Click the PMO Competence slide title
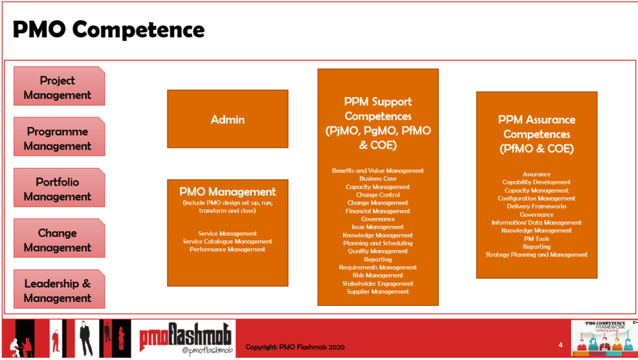click(x=109, y=29)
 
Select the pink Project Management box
click(x=59, y=87)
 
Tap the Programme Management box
click(x=59, y=138)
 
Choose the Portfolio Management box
click(x=59, y=189)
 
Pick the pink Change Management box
click(x=59, y=240)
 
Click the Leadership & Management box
click(x=59, y=290)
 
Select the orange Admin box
click(x=227, y=119)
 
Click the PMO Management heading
click(x=227, y=191)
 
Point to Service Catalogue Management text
click(x=227, y=242)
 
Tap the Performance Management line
click(x=227, y=249)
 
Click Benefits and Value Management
click(x=378, y=171)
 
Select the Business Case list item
click(x=378, y=178)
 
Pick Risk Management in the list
click(x=378, y=275)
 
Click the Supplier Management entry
click(x=378, y=292)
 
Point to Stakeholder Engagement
click(x=378, y=284)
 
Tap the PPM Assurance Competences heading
click(x=536, y=134)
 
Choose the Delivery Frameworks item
click(x=536, y=206)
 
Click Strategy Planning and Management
click(x=536, y=255)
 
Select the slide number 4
click(x=561, y=344)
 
